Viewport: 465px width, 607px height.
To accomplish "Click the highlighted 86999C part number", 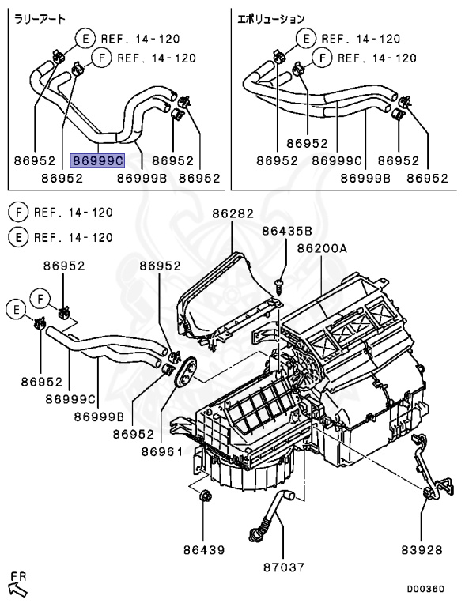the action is [97, 160].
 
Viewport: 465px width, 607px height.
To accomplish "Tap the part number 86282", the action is [232, 213].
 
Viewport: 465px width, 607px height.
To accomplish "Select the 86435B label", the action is [287, 231].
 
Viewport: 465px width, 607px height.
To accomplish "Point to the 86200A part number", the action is [322, 248].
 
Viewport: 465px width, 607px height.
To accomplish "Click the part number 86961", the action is [161, 452].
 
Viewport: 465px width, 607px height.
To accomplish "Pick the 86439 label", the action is [204, 550].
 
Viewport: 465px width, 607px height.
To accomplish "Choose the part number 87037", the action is [284, 567].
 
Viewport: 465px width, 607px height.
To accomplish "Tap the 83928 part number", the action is [422, 550].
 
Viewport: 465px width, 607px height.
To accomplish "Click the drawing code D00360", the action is [425, 589].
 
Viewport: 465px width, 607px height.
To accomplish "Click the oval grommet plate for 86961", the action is [185, 371].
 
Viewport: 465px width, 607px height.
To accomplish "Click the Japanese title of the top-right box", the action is [271, 18].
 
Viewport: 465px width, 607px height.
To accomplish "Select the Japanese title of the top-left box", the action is [40, 18].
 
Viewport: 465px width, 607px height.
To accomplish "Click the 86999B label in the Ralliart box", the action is [142, 178].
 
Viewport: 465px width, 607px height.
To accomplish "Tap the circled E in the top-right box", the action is [307, 38].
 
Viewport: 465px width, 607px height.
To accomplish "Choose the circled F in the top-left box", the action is [102, 58].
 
